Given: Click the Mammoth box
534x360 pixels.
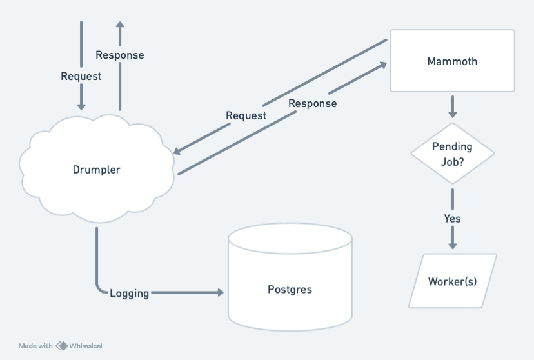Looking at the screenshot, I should coord(452,61).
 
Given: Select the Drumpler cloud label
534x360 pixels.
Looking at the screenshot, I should coord(96,170).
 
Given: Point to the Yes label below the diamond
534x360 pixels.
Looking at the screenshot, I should coord(452,218).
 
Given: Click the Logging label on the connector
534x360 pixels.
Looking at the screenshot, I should coord(129,294).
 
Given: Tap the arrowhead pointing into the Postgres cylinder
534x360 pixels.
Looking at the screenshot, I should coord(219,293).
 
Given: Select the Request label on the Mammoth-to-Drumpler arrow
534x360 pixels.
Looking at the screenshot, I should coord(246,115).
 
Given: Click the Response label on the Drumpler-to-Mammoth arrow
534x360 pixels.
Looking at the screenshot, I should coord(312,103).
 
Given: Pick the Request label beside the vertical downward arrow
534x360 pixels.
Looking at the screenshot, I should coord(81,76).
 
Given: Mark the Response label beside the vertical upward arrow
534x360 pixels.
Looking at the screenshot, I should coord(119,55).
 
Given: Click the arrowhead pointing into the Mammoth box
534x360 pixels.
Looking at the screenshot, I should coord(382,65).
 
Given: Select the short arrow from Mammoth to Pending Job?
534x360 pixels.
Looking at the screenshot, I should coord(452,106).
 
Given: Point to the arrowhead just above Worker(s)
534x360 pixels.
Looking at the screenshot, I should coord(452,245).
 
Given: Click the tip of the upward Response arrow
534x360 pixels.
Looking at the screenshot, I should coord(119,23).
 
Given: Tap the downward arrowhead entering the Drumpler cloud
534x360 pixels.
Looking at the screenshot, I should coord(81,106).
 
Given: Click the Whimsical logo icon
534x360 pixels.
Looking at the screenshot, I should coord(62,346).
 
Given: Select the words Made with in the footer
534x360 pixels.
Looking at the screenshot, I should coord(35,346).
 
